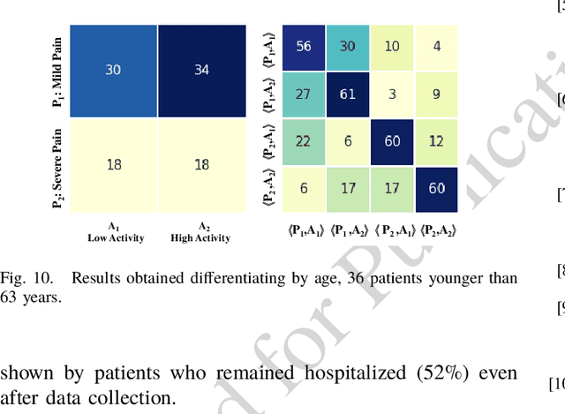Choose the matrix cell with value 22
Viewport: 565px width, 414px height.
[x=303, y=141]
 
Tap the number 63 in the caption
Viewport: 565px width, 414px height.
[x=18, y=297]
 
